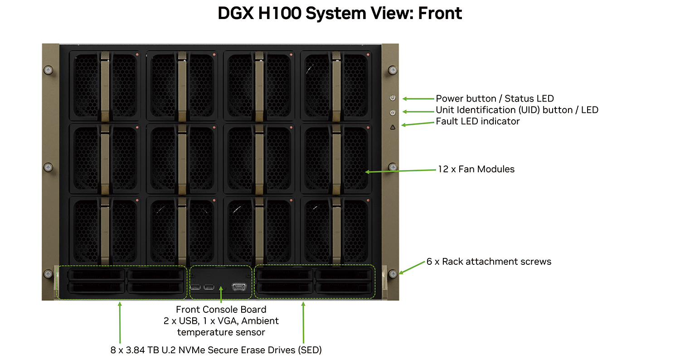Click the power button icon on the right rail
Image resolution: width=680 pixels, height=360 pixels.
(393, 98)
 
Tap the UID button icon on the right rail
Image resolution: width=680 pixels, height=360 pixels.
(393, 112)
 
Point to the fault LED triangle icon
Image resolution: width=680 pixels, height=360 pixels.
(393, 127)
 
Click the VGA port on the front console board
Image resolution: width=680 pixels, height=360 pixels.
(239, 287)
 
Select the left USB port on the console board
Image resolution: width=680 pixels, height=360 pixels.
(195, 287)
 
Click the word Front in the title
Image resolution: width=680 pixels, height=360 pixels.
(440, 13)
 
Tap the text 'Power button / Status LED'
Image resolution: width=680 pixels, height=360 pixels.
(495, 99)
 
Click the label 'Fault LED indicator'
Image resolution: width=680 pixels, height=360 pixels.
(477, 122)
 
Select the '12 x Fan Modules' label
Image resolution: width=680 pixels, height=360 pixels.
(476, 169)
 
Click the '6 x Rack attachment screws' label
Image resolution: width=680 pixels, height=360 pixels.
(489, 261)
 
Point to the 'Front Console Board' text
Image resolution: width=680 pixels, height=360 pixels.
(221, 309)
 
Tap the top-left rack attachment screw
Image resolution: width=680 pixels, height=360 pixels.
(48, 70)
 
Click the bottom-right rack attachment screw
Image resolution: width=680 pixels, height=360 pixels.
(393, 274)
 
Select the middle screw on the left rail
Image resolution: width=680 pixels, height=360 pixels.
(48, 167)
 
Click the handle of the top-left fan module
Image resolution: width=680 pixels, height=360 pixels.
(105, 87)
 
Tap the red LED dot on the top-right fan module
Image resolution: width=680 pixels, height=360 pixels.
(368, 55)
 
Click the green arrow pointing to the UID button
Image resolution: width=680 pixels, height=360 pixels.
(418, 112)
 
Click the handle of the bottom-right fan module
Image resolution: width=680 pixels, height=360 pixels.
(336, 231)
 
